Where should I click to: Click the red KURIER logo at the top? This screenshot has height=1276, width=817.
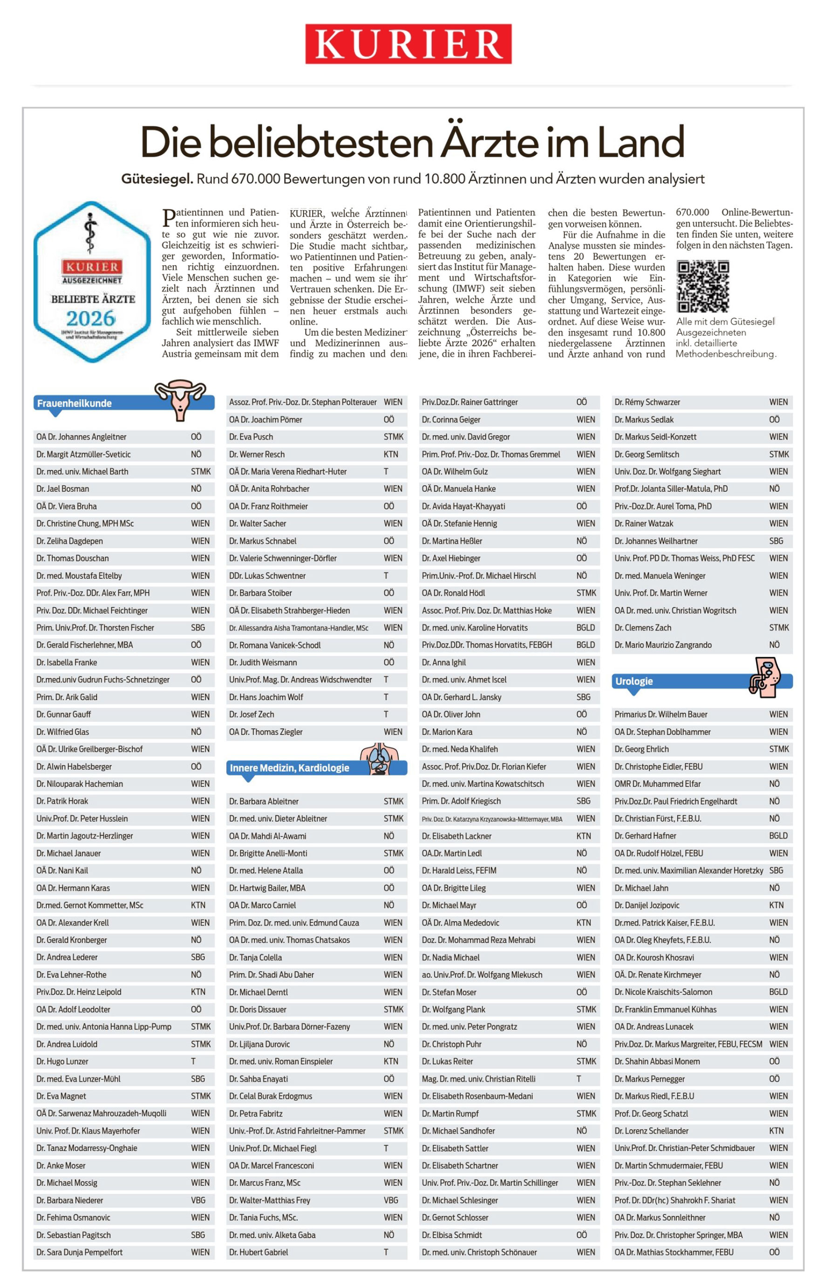click(x=408, y=44)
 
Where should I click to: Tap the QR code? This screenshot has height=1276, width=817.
click(x=702, y=286)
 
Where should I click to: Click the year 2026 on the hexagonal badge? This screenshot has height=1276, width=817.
click(x=91, y=318)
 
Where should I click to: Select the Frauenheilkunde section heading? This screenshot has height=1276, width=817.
click(x=74, y=403)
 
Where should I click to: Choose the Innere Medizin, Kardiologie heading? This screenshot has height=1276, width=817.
click(x=289, y=767)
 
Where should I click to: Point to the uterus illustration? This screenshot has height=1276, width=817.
click(x=180, y=398)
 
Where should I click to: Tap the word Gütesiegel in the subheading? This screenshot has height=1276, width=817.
click(x=157, y=179)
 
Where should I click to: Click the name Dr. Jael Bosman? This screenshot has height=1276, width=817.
click(x=62, y=489)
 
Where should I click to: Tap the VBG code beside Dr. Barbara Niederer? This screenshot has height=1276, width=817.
click(x=198, y=1200)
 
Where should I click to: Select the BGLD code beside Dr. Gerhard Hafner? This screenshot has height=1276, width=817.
click(x=778, y=835)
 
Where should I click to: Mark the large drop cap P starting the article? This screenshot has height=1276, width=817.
click(x=168, y=218)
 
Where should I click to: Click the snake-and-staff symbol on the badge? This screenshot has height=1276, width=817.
click(x=91, y=234)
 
